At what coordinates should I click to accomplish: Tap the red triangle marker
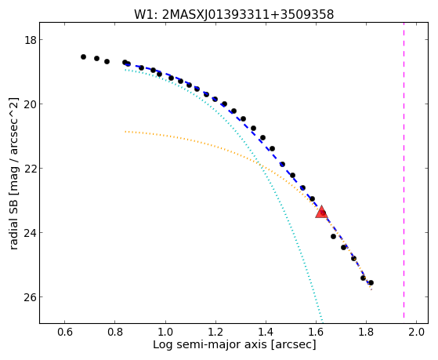[x=321, y=212]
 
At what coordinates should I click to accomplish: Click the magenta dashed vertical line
[x=404, y=171]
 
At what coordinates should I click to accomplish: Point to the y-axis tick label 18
[x=30, y=40]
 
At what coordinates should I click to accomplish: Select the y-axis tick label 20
[x=30, y=104]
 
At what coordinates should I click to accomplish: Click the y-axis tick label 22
[x=30, y=169]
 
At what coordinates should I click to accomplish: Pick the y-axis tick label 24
[x=30, y=233]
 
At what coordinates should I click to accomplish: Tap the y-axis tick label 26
[x=30, y=296]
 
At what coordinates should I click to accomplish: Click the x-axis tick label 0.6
[x=65, y=333]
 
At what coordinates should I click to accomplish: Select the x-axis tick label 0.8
[x=115, y=333]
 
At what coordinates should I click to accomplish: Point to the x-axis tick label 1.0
[x=165, y=333]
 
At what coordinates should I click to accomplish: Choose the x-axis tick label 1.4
[x=266, y=333]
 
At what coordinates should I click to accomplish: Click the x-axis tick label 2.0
[x=417, y=333]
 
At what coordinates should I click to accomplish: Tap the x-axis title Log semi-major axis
[x=210, y=344]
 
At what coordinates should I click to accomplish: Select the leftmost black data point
[x=83, y=56]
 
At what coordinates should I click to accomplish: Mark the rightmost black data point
[x=371, y=283]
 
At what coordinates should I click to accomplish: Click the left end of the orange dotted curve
[x=125, y=132]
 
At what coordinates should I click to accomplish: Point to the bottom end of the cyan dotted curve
[x=323, y=321]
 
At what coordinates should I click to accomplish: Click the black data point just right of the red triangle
[x=333, y=236]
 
